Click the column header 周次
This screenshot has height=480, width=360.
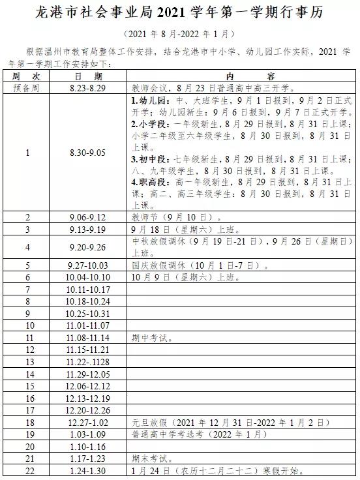(27, 76)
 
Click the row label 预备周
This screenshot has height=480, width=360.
(27, 86)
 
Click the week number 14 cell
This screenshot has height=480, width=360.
(28, 374)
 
